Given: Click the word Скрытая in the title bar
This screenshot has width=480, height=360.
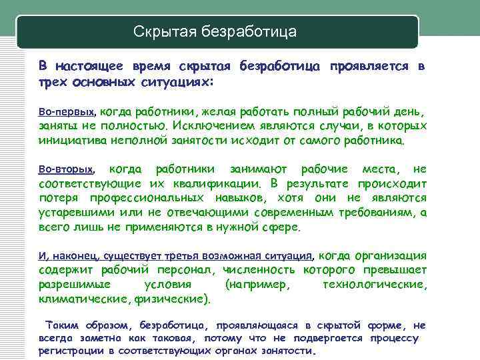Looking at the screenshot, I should pyautogui.click(x=158, y=31).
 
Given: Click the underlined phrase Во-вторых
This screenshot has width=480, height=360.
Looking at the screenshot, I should pyautogui.click(x=67, y=169).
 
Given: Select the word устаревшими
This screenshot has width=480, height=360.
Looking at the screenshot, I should pyautogui.click(x=76, y=213).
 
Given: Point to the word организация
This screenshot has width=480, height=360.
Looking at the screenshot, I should pyautogui.click(x=392, y=255).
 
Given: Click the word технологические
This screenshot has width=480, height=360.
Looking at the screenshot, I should pyautogui.click(x=373, y=285).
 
